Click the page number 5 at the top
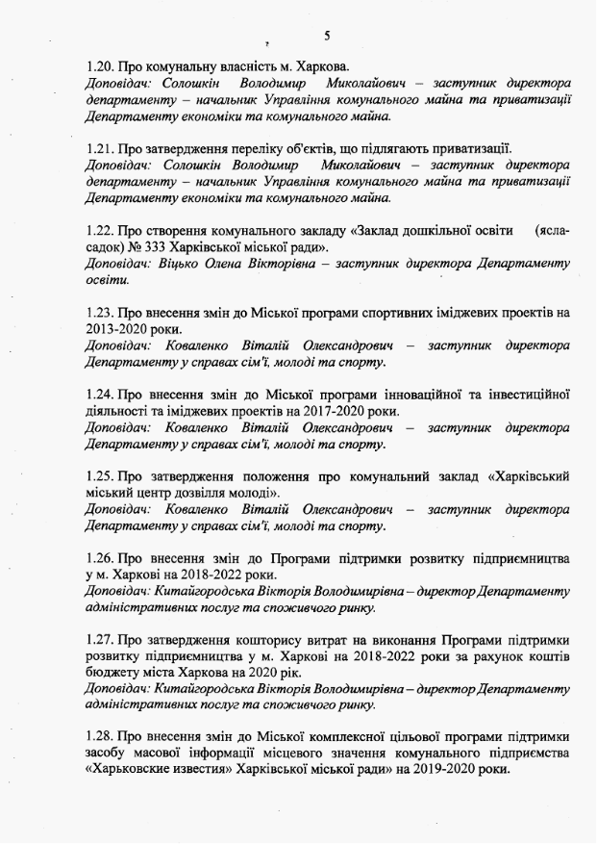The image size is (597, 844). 328,36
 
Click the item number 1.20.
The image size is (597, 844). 100,67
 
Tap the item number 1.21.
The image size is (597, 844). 100,149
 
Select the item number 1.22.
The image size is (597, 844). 100,231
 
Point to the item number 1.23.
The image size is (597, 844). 100,313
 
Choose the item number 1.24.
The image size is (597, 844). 100,394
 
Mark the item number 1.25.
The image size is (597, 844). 100,475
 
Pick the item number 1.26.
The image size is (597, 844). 100,557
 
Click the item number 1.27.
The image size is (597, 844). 100,639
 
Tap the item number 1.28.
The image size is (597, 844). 100,737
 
